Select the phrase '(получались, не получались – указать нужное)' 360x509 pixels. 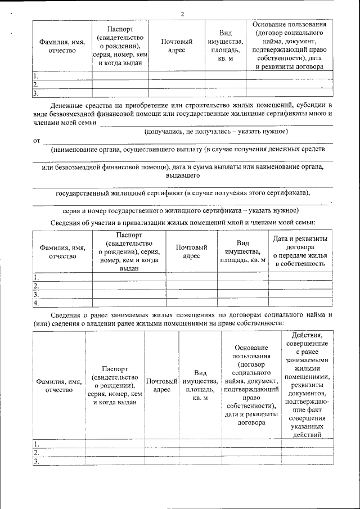(x=216, y=131)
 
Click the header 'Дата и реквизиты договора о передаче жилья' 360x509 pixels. (x=300, y=251)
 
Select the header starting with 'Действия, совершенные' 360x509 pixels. (x=307, y=384)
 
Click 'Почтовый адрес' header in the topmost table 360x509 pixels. (x=177, y=46)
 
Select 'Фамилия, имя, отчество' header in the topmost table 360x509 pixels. (x=62, y=46)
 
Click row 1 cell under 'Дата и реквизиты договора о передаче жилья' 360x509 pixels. (x=300, y=276)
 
